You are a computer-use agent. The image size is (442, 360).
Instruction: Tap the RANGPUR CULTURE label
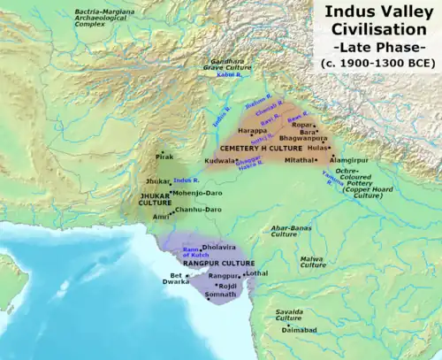pyautogui.click(x=218, y=264)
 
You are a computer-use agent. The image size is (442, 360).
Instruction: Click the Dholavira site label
pyautogui.click(x=220, y=249)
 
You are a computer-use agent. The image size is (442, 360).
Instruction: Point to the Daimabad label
pyautogui.click(x=301, y=328)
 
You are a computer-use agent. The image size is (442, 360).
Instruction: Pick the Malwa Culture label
pyautogui.click(x=310, y=262)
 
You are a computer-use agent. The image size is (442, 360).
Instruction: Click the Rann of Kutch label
pyautogui.click(x=194, y=253)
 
